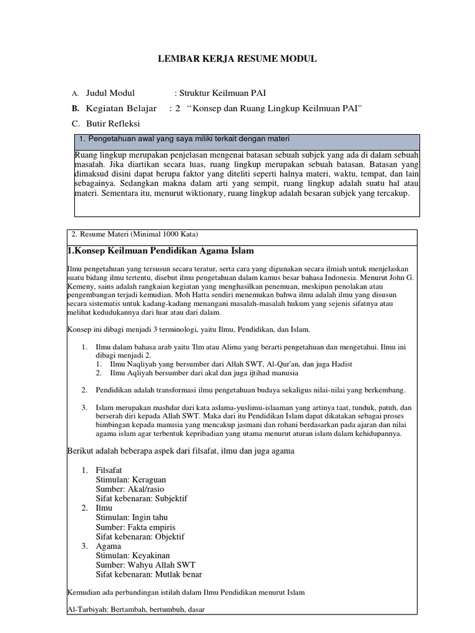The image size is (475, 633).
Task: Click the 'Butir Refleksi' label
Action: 113,123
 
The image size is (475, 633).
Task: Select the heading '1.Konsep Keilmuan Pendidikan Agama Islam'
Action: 160,250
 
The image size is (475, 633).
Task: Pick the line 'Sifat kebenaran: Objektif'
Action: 140,537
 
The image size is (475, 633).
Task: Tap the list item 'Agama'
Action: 109,546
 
